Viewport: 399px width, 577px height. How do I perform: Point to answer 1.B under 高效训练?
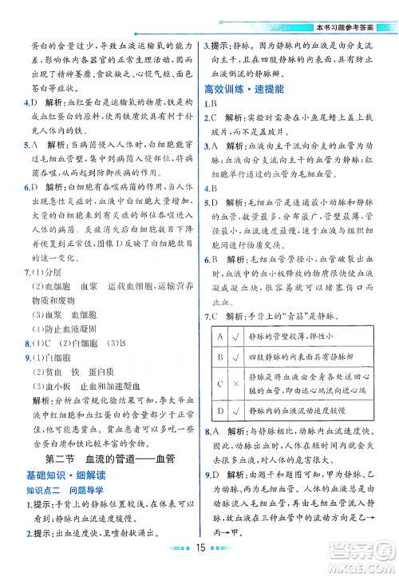(x=211, y=104)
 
